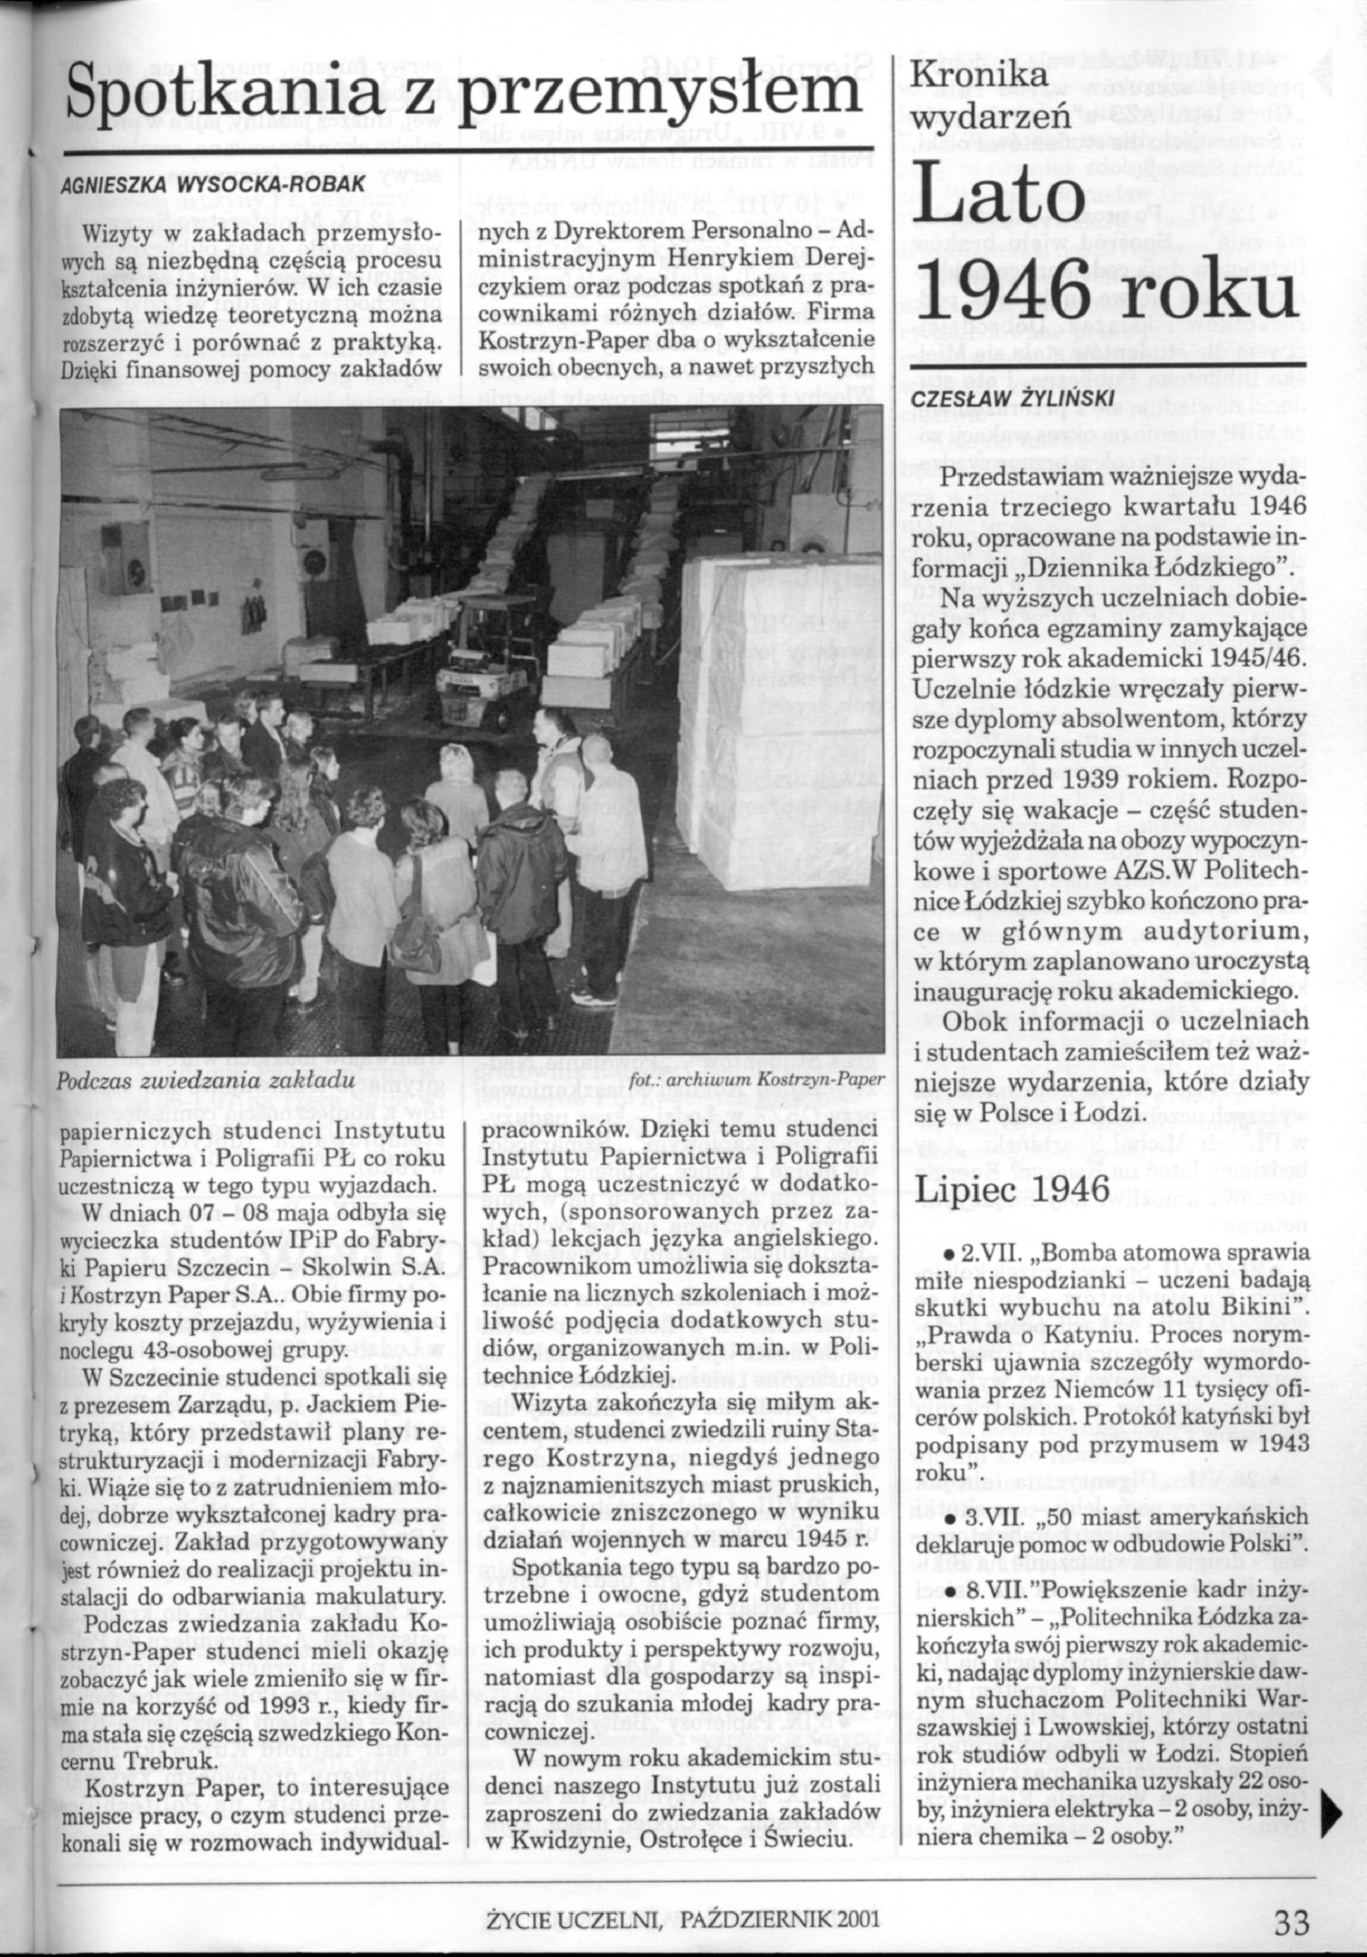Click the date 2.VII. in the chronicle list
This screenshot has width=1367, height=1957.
pos(981,1255)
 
